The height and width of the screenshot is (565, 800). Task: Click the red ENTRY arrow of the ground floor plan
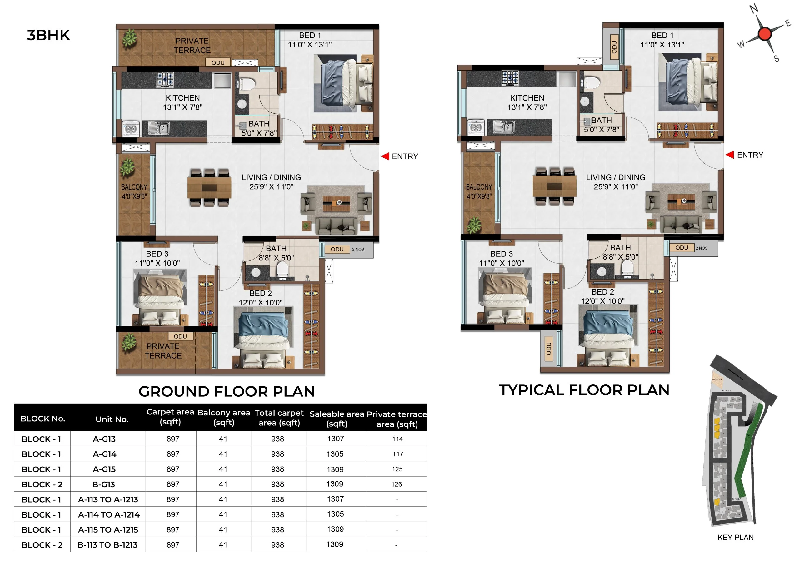pyautogui.click(x=385, y=156)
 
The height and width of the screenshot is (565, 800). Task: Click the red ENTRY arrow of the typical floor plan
pyautogui.click(x=730, y=155)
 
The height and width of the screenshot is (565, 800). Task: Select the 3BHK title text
pyautogui.click(x=48, y=35)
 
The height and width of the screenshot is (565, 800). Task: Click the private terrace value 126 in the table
pyautogui.click(x=397, y=484)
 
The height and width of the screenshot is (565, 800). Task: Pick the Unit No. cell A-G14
pyautogui.click(x=104, y=454)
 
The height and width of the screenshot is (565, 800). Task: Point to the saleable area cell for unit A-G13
pyautogui.click(x=336, y=439)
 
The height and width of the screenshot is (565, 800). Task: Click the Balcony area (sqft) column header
pyautogui.click(x=224, y=417)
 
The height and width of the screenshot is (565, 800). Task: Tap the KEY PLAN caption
pyautogui.click(x=736, y=538)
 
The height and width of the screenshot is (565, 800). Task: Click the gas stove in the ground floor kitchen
pyautogui.click(x=165, y=79)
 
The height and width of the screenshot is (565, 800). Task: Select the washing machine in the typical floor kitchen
pyautogui.click(x=476, y=127)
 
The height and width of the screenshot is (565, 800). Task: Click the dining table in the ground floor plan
pyautogui.click(x=209, y=188)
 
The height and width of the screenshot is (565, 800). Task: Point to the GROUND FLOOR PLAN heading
pyautogui.click(x=227, y=392)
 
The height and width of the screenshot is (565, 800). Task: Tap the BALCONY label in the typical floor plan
pyautogui.click(x=479, y=187)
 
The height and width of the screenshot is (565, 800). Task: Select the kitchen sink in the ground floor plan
pyautogui.click(x=158, y=128)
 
